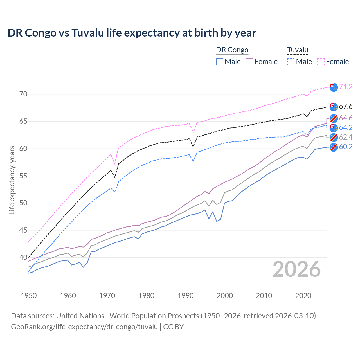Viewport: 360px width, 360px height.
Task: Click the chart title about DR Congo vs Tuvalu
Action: click(x=132, y=33)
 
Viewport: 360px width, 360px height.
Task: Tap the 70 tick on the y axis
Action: click(x=23, y=94)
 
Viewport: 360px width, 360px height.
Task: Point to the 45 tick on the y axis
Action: click(x=23, y=230)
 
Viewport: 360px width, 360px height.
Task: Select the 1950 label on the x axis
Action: click(x=29, y=296)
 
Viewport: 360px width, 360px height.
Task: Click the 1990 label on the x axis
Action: click(x=185, y=296)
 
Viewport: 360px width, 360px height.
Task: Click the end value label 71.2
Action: click(x=346, y=87)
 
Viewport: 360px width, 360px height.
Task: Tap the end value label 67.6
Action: click(x=346, y=107)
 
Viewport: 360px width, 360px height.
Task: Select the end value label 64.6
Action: click(x=346, y=118)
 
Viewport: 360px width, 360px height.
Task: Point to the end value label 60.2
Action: click(x=346, y=147)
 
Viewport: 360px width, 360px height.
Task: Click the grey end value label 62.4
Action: click(x=346, y=137)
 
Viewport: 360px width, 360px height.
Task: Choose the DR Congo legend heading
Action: click(x=232, y=50)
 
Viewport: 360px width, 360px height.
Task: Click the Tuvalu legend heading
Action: click(x=298, y=50)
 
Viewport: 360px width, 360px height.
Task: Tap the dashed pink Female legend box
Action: click(x=321, y=62)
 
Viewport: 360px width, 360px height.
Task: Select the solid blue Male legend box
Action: click(x=220, y=62)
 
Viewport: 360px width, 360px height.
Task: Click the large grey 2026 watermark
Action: click(x=296, y=269)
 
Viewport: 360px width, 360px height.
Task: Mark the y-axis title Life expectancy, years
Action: click(x=12, y=180)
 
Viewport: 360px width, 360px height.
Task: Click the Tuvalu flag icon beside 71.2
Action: click(x=334, y=87)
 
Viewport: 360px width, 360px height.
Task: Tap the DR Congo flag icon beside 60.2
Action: click(x=334, y=147)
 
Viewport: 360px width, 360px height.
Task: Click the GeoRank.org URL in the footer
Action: click(x=84, y=327)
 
